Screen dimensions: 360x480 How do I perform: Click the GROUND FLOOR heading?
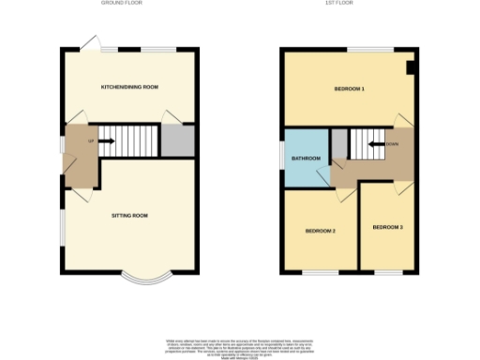coord(128,4)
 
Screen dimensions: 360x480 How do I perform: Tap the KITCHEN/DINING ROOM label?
coord(129,87)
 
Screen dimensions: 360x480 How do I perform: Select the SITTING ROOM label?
coord(130,216)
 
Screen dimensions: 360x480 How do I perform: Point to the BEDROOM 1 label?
coord(349,89)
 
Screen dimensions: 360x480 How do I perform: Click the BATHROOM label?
coord(306,158)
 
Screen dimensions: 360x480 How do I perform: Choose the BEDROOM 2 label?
coord(320,230)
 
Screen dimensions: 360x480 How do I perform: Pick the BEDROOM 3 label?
coord(386,228)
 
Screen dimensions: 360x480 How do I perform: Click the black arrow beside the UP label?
coord(106,142)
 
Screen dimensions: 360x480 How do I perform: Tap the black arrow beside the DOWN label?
coord(375,144)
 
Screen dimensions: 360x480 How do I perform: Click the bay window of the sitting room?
coord(145,278)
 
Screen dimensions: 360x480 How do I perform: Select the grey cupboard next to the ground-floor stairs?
coord(176,141)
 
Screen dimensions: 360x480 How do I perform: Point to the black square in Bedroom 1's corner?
coord(410,67)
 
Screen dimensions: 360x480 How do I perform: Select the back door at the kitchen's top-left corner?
coord(90,42)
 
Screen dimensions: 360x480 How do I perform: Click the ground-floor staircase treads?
coord(131,142)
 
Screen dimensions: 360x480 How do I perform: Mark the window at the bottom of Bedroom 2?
coord(320,273)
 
